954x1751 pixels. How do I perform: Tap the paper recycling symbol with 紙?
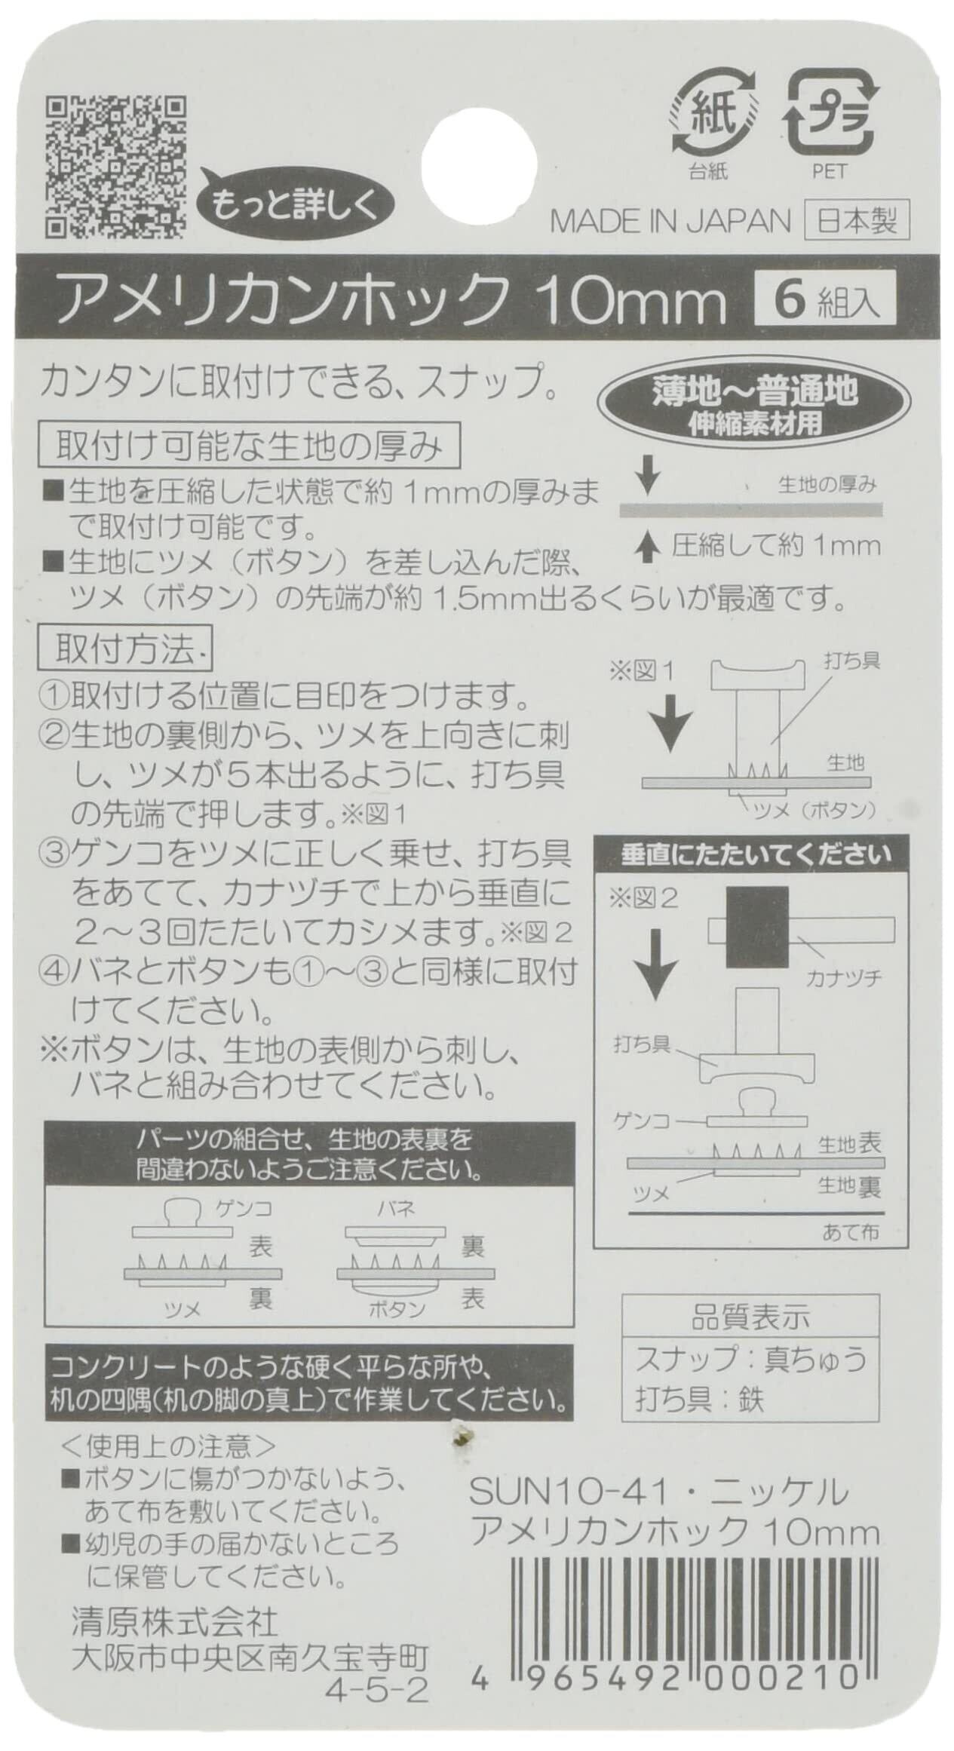[x=708, y=120]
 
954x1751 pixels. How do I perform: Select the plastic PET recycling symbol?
[x=830, y=118]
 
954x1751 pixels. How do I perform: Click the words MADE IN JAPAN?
[x=670, y=221]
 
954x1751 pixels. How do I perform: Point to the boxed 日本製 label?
[x=857, y=221]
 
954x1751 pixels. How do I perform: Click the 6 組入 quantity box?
[x=826, y=299]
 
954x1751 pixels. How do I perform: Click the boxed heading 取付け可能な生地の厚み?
[x=250, y=448]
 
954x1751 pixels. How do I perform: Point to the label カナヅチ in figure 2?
[x=844, y=979]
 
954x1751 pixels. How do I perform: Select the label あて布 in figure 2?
[x=851, y=1231]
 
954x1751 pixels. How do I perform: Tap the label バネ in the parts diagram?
[x=396, y=1209]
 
